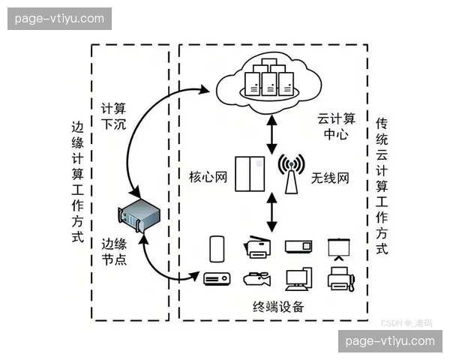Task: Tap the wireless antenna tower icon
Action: (x=292, y=173)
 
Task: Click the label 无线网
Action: (x=330, y=178)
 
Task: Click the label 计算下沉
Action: (x=114, y=115)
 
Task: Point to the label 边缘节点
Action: (x=114, y=251)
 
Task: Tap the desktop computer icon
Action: (x=297, y=278)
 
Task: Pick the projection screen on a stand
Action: (x=340, y=250)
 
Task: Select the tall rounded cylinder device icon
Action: (x=217, y=247)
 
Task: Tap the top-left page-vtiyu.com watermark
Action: (x=60, y=18)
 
